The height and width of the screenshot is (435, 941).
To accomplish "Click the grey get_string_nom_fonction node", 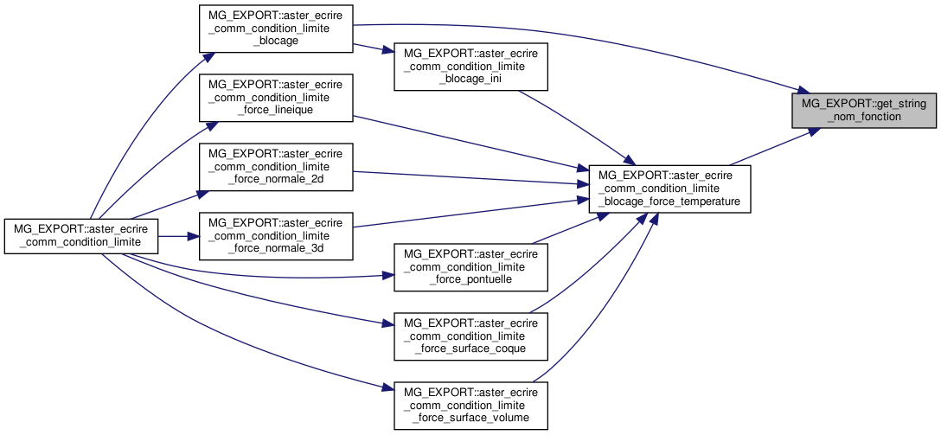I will click(x=864, y=109).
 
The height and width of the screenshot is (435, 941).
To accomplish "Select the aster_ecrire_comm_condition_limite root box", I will click(x=81, y=236).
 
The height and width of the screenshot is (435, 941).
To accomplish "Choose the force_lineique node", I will click(x=276, y=98).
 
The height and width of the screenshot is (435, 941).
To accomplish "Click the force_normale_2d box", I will click(x=276, y=167).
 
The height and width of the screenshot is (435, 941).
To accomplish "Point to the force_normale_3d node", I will click(x=276, y=236).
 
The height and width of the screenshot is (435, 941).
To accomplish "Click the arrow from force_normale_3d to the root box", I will click(x=178, y=236).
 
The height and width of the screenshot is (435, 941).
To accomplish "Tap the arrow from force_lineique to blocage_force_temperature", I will click(x=467, y=143).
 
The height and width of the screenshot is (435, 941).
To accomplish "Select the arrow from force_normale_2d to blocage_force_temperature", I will click(x=467, y=177).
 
